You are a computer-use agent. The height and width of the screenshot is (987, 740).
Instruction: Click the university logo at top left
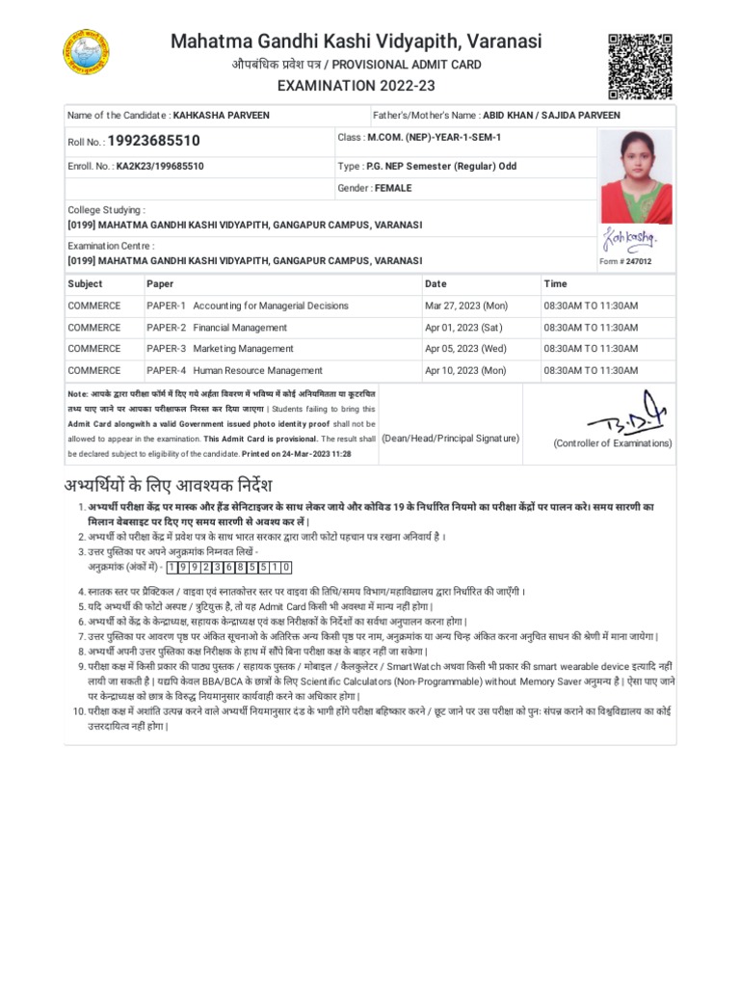click(86, 54)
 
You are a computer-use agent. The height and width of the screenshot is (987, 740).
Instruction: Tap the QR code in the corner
click(640, 66)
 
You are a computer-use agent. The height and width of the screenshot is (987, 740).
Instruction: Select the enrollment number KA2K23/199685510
click(160, 166)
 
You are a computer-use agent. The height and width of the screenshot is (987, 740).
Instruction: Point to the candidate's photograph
click(636, 176)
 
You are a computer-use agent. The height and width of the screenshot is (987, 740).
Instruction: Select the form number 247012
click(637, 261)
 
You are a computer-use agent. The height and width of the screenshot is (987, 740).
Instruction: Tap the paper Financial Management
click(240, 328)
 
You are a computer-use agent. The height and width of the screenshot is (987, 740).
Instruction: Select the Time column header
click(555, 284)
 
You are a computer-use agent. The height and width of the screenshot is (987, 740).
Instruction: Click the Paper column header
click(160, 284)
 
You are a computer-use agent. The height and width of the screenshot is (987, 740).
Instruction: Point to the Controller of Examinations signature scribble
click(613, 412)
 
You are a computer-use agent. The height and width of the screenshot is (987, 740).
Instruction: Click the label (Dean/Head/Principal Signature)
click(450, 438)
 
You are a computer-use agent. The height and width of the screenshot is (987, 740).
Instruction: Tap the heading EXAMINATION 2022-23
click(356, 86)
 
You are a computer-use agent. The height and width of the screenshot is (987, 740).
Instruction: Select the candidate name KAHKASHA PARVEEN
click(221, 116)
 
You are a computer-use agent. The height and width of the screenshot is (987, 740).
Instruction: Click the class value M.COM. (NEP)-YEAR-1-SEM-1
click(434, 138)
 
